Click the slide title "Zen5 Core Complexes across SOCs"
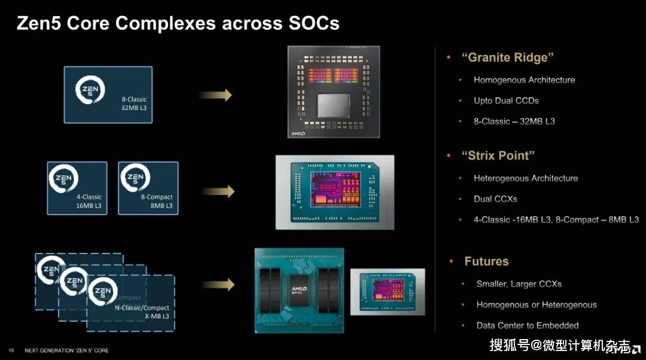(178, 23)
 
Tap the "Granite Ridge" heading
(507, 57)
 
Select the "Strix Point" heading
(498, 155)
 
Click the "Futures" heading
(486, 261)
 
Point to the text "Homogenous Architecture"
(524, 80)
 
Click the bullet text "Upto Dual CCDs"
(506, 100)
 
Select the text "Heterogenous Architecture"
(526, 178)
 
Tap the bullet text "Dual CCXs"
(495, 199)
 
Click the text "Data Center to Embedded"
(528, 325)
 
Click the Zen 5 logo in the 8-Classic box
(90, 89)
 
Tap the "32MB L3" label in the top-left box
(134, 108)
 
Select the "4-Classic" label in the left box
(89, 197)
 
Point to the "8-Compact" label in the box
(157, 197)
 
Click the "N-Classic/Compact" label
(142, 308)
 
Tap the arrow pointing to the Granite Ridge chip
(215, 95)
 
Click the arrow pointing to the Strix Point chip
(218, 191)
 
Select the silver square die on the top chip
(333, 105)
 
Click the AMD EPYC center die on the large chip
(299, 291)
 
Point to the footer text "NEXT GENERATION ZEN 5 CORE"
(67, 350)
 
